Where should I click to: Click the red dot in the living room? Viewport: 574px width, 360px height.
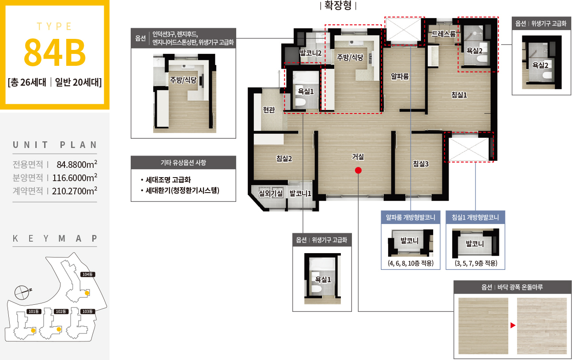click(x=358, y=170)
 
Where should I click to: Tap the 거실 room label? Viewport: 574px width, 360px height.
click(x=358, y=157)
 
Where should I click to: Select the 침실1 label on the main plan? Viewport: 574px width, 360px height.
click(x=459, y=95)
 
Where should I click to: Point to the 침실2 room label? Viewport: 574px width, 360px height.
click(x=284, y=159)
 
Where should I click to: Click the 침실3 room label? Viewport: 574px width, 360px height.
click(x=420, y=163)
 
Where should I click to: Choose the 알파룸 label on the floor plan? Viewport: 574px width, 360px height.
click(x=400, y=76)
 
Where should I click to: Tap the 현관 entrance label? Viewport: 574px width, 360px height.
click(x=269, y=110)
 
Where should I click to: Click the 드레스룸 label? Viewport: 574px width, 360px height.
click(x=444, y=34)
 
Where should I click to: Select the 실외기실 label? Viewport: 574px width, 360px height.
click(x=271, y=193)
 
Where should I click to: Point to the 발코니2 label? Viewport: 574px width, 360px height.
click(x=310, y=53)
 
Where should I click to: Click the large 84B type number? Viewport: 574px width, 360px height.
click(x=55, y=52)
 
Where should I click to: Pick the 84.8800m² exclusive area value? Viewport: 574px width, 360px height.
click(x=77, y=164)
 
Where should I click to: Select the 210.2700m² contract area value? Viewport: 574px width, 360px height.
click(x=75, y=191)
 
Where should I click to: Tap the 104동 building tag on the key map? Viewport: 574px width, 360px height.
click(x=87, y=274)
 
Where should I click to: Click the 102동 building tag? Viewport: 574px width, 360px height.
click(x=61, y=311)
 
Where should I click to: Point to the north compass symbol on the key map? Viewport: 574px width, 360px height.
click(x=23, y=292)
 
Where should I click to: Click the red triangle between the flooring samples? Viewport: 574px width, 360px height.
click(x=513, y=326)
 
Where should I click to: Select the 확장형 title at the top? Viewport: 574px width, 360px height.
click(x=338, y=5)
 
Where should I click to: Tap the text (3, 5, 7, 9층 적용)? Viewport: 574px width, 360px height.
click(x=476, y=263)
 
